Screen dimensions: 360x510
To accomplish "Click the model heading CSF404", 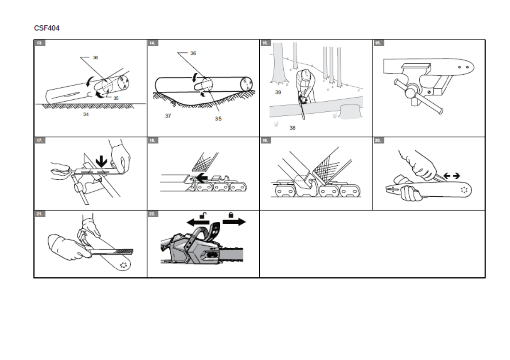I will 46,28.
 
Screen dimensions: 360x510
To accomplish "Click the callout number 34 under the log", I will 86,114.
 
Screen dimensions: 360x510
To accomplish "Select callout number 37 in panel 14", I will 168,116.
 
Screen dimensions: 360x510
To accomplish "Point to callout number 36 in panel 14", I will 193,53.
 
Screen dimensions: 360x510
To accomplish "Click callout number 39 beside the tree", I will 278,92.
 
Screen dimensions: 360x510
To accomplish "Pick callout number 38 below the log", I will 292,128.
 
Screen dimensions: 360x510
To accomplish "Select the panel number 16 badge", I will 378,43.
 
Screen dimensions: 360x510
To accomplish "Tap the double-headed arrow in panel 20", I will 452,175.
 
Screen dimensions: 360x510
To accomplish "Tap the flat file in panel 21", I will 112,251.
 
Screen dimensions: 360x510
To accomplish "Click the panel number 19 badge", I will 265,140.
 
